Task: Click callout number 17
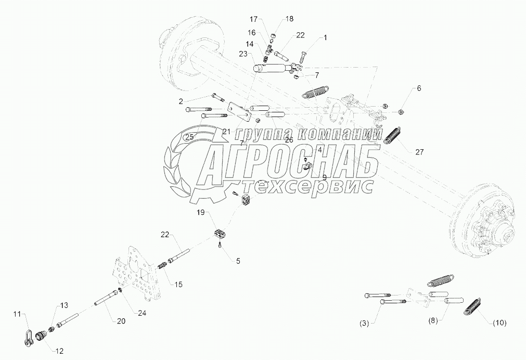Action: pos(253,19)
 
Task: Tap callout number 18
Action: pos(289,19)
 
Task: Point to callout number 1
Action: pos(325,38)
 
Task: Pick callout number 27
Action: pos(419,152)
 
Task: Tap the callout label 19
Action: pos(201,213)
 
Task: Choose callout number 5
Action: pos(238,261)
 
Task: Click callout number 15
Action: pos(178,285)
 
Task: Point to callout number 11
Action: pos(17,314)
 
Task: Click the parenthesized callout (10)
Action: pos(499,323)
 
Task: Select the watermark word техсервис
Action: pos(307,187)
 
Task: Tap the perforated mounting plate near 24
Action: pos(136,278)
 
